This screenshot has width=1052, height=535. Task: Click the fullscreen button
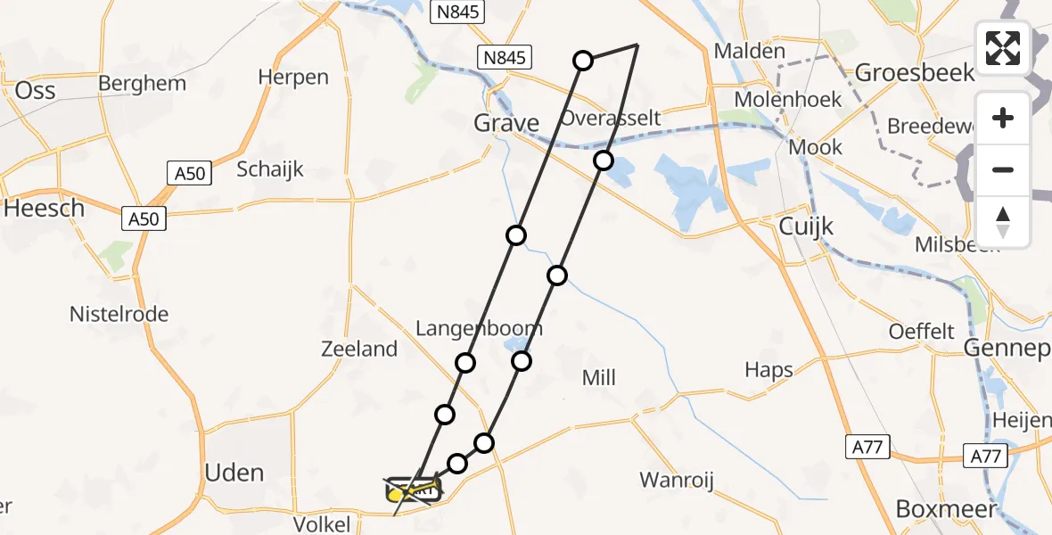1003,48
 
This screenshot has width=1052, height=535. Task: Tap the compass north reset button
1003,222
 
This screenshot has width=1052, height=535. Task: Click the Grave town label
506,123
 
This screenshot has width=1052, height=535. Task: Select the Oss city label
36,90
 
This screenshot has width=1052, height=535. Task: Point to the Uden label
235,473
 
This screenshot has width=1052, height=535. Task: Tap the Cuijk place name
806,226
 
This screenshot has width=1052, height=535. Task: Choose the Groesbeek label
916,72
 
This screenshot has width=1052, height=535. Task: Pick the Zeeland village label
359,349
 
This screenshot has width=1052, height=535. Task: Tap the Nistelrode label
119,314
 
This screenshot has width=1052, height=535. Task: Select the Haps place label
768,369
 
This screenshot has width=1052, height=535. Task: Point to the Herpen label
293,78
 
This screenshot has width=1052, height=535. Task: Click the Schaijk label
270,169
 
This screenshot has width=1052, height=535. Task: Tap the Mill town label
598,378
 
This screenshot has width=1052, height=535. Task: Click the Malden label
750,52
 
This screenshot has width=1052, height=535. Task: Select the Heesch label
44,208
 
